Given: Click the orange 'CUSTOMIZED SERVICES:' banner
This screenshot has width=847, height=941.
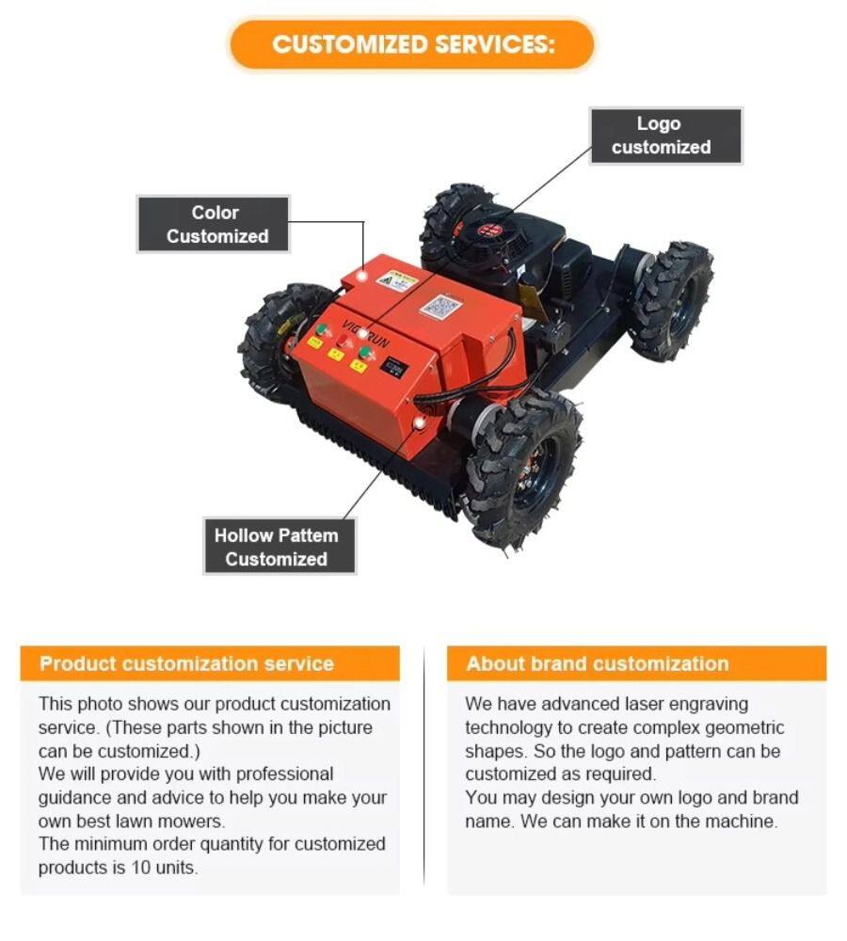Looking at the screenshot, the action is [x=412, y=44].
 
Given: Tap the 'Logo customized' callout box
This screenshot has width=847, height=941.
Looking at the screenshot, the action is [x=665, y=136].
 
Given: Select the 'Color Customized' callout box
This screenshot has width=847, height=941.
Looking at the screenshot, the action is [x=213, y=224].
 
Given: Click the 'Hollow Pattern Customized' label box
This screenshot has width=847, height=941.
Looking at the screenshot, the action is [x=280, y=546].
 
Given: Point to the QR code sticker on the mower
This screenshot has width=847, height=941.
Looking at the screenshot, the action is [x=440, y=307].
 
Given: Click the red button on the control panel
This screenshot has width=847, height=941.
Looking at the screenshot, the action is [x=344, y=342].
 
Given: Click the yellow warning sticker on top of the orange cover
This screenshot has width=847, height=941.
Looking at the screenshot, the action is [x=396, y=280].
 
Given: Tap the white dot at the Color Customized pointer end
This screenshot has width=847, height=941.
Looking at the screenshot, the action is [x=362, y=276].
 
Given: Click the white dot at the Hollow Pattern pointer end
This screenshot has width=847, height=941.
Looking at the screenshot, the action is [x=420, y=423].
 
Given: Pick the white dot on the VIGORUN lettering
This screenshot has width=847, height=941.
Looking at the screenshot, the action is [x=362, y=334].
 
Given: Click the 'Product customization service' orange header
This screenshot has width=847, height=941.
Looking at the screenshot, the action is [x=210, y=663].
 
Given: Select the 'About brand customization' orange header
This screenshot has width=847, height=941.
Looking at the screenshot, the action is [x=636, y=663].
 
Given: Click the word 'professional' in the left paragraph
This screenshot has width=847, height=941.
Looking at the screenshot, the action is [x=284, y=774].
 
